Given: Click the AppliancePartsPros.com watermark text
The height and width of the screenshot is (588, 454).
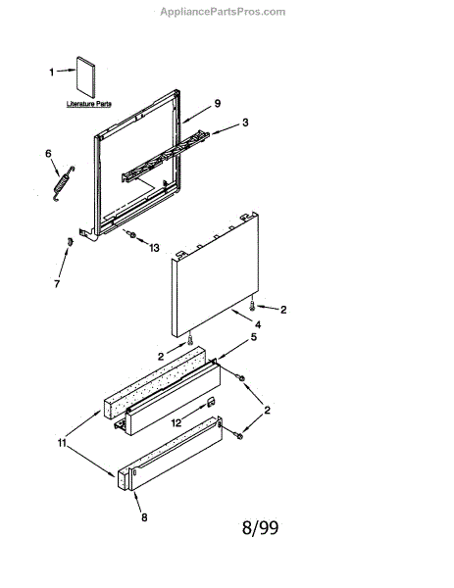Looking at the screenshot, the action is pyautogui.click(x=223, y=12).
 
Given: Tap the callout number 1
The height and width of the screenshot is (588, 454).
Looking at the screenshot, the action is pyautogui.click(x=52, y=72).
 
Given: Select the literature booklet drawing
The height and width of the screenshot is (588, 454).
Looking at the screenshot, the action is pyautogui.click(x=86, y=76).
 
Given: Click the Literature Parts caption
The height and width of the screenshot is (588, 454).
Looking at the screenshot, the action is pyautogui.click(x=89, y=104).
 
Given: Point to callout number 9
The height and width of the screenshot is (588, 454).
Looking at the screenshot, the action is pyautogui.click(x=218, y=103).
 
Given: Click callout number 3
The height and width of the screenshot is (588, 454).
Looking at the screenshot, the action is pyautogui.click(x=245, y=122).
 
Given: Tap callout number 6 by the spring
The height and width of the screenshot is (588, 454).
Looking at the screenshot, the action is pyautogui.click(x=48, y=154).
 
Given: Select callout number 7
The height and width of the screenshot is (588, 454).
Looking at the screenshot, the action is pyautogui.click(x=57, y=284).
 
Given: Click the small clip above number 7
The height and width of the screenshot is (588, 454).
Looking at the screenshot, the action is pyautogui.click(x=70, y=242).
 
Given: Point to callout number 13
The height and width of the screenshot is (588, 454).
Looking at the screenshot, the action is pyautogui.click(x=154, y=248).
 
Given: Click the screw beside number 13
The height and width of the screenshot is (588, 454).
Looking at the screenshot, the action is pyautogui.click(x=132, y=235).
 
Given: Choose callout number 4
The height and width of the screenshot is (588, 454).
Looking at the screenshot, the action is pyautogui.click(x=258, y=324).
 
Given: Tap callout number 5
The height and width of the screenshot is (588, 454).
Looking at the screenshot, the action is pyautogui.click(x=254, y=337).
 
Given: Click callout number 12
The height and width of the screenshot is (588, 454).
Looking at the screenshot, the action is pyautogui.click(x=176, y=423).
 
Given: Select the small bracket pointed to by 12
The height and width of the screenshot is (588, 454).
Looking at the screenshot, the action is pyautogui.click(x=211, y=402).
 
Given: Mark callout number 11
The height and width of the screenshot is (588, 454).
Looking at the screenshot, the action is pyautogui.click(x=62, y=443).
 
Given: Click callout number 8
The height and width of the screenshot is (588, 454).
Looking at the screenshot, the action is pyautogui.click(x=144, y=517).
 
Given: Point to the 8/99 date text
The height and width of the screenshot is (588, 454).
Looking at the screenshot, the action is pyautogui.click(x=261, y=528).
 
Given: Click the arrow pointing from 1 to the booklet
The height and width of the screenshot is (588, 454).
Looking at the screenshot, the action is pyautogui.click(x=66, y=71).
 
